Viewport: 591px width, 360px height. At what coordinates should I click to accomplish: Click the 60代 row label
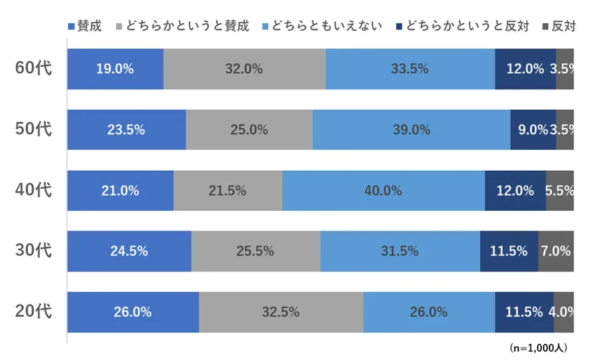[x=34, y=68]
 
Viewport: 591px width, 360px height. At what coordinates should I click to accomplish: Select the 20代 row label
[x=34, y=311]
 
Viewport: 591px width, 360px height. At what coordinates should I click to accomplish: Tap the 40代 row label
[x=34, y=190]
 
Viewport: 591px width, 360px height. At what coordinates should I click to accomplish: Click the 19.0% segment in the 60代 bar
[x=115, y=69]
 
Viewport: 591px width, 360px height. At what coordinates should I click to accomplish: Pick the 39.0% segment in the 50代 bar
[x=411, y=129]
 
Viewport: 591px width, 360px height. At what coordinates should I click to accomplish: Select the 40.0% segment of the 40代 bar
[x=383, y=191]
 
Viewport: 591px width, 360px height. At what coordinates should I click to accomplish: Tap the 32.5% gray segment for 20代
[x=281, y=312]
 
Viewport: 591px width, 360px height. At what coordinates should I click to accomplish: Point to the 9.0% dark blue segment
[x=533, y=129]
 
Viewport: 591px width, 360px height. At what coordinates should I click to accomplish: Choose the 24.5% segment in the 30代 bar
[x=129, y=251]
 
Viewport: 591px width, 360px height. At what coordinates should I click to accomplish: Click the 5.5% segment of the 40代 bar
[x=560, y=191]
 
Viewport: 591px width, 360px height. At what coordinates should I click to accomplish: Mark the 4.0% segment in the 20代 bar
[x=564, y=312]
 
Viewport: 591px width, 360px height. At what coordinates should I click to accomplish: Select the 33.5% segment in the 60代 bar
[x=409, y=69]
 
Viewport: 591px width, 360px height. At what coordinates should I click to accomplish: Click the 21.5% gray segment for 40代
[x=227, y=191]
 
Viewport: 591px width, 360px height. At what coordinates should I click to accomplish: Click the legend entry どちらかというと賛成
[x=186, y=27]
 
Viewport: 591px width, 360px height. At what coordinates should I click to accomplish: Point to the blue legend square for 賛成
[x=72, y=27]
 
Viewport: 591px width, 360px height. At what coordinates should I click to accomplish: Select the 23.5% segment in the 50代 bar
[x=127, y=129]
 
